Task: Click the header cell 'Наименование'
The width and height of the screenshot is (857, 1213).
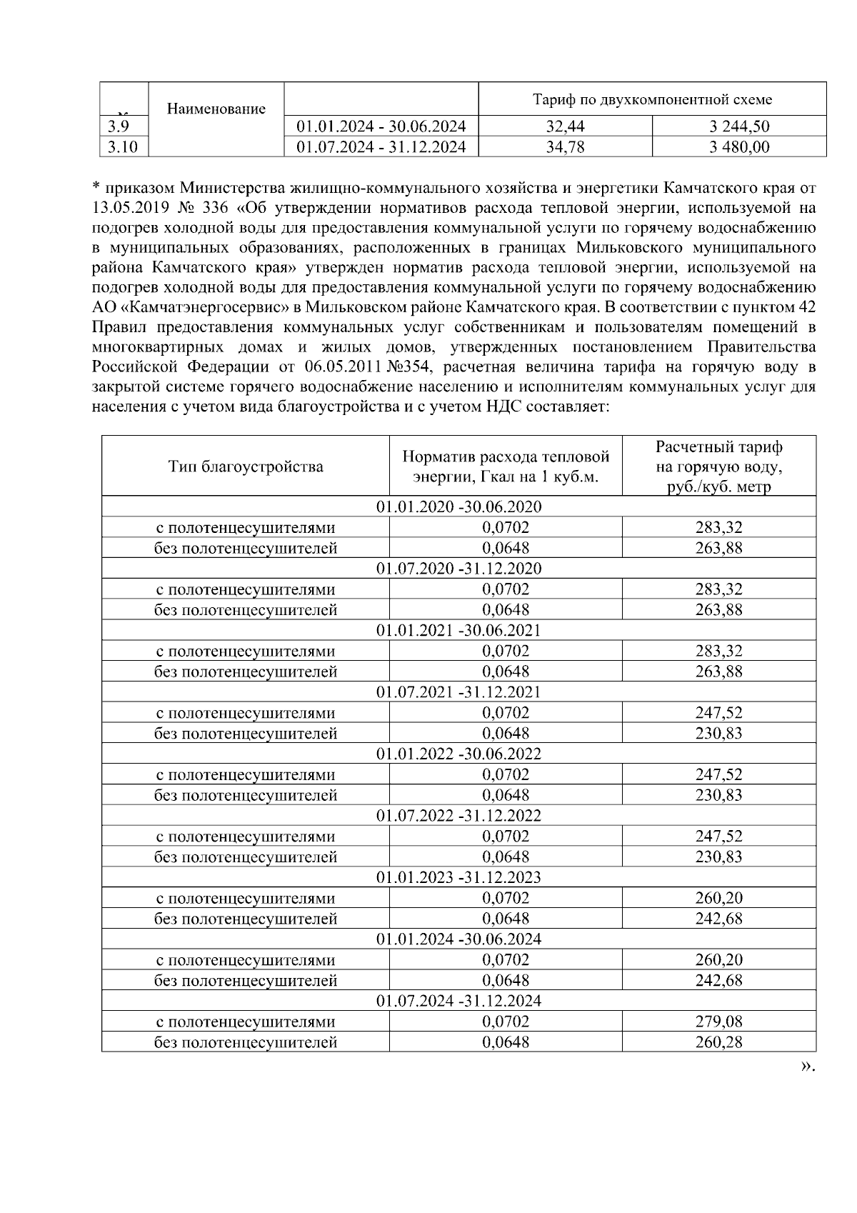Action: tap(216, 109)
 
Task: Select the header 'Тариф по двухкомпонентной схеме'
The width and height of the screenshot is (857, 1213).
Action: tap(652, 99)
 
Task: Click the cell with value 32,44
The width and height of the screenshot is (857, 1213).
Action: tap(565, 127)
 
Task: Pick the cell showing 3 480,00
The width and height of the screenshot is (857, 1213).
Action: tap(739, 147)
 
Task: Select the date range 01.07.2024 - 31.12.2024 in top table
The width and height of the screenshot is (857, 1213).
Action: tap(381, 147)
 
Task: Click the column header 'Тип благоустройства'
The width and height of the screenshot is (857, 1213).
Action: tap(246, 466)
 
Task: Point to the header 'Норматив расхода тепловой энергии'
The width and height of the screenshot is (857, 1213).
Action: tap(506, 466)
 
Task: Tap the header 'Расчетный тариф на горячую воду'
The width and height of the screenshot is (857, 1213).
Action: tap(718, 466)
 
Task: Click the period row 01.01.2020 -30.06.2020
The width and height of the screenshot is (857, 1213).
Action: tap(458, 507)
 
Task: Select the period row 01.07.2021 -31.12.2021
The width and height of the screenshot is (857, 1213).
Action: tap(458, 692)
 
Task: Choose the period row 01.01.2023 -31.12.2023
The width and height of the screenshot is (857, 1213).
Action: tap(458, 877)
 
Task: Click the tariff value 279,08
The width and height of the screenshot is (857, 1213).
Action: tap(718, 1022)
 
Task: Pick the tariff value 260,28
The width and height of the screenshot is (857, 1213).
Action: tap(718, 1042)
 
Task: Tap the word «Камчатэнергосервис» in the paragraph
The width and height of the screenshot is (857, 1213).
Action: tap(203, 308)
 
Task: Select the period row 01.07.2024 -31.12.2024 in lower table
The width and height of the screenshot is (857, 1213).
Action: tap(458, 1001)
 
